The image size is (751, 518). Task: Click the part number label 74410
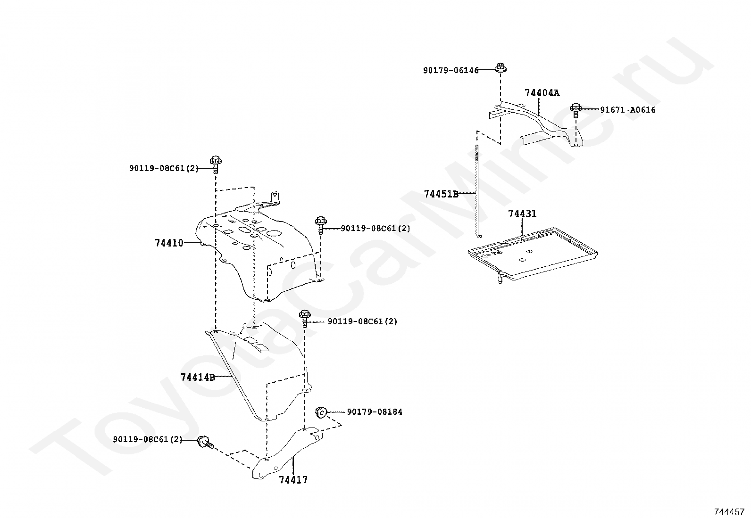[x=169, y=243]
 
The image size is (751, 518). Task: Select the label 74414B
[x=198, y=377]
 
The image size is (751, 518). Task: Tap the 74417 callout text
[x=293, y=480]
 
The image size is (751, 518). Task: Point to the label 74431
[x=522, y=214]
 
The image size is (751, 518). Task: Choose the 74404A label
[x=542, y=93]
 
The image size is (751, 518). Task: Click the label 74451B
[x=441, y=194]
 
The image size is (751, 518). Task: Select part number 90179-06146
[x=451, y=70]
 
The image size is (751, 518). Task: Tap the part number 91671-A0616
[x=627, y=110]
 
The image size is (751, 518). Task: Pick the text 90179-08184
[x=375, y=412]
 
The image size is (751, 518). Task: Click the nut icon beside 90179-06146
[x=500, y=67]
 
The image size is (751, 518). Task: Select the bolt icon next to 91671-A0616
[x=575, y=110]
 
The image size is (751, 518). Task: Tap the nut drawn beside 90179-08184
[x=321, y=412]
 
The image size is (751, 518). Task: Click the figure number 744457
[x=729, y=511]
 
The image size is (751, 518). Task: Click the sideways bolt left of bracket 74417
[x=206, y=442]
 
